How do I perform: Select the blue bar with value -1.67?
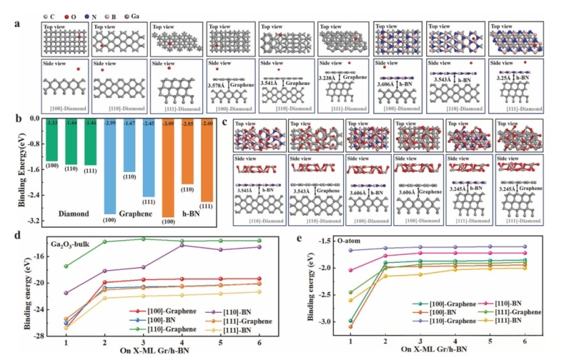(x=130, y=145)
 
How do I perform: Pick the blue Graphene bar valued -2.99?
(x=109, y=165)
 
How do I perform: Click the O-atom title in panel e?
(x=335, y=241)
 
